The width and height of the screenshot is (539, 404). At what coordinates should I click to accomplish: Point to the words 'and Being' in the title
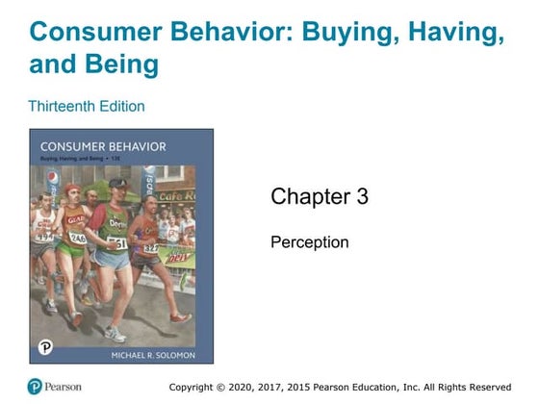point(94,65)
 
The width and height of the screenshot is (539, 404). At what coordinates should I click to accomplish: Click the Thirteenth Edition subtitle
point(87,106)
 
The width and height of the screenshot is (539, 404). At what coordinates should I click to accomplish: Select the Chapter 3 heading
point(320,197)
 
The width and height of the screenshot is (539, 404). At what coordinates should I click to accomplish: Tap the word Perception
point(309,242)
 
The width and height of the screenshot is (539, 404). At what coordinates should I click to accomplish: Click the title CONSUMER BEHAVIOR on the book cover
point(96,146)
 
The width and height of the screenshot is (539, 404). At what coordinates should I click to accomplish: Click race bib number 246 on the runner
point(77,238)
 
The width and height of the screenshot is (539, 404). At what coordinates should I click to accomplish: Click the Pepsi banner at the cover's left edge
point(37,182)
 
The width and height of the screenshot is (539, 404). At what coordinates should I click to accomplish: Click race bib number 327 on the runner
point(150,247)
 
